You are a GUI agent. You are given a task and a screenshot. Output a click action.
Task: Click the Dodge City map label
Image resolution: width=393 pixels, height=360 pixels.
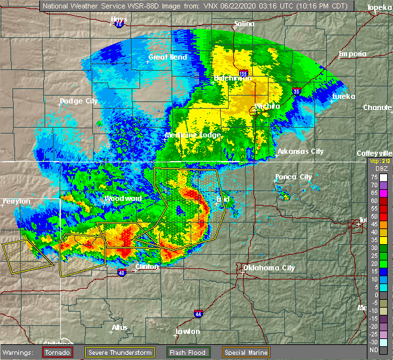click(x=79, y=101)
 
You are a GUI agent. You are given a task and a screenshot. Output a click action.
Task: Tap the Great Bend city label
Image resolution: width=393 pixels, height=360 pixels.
click(x=167, y=57)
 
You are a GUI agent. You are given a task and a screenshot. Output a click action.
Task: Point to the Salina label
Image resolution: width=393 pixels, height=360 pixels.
click(x=245, y=24)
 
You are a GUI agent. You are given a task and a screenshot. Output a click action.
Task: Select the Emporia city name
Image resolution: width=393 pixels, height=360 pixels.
click(x=353, y=54)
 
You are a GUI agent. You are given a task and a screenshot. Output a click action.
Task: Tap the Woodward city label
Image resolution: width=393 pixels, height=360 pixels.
click(x=123, y=198)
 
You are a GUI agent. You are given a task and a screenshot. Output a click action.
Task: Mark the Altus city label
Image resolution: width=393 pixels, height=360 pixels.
click(x=120, y=327)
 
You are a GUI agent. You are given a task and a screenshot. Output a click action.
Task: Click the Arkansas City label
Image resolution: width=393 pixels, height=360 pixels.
click(x=300, y=151)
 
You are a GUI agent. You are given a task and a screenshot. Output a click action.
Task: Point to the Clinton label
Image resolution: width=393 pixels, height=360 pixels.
click(x=147, y=267)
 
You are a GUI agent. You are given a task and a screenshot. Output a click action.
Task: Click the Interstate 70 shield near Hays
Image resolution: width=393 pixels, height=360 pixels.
click(x=119, y=26)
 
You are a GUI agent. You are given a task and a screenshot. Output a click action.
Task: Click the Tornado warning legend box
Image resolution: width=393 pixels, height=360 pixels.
click(x=58, y=351)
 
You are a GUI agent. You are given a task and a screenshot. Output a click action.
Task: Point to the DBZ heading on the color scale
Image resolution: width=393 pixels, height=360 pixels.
click(x=375, y=169)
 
